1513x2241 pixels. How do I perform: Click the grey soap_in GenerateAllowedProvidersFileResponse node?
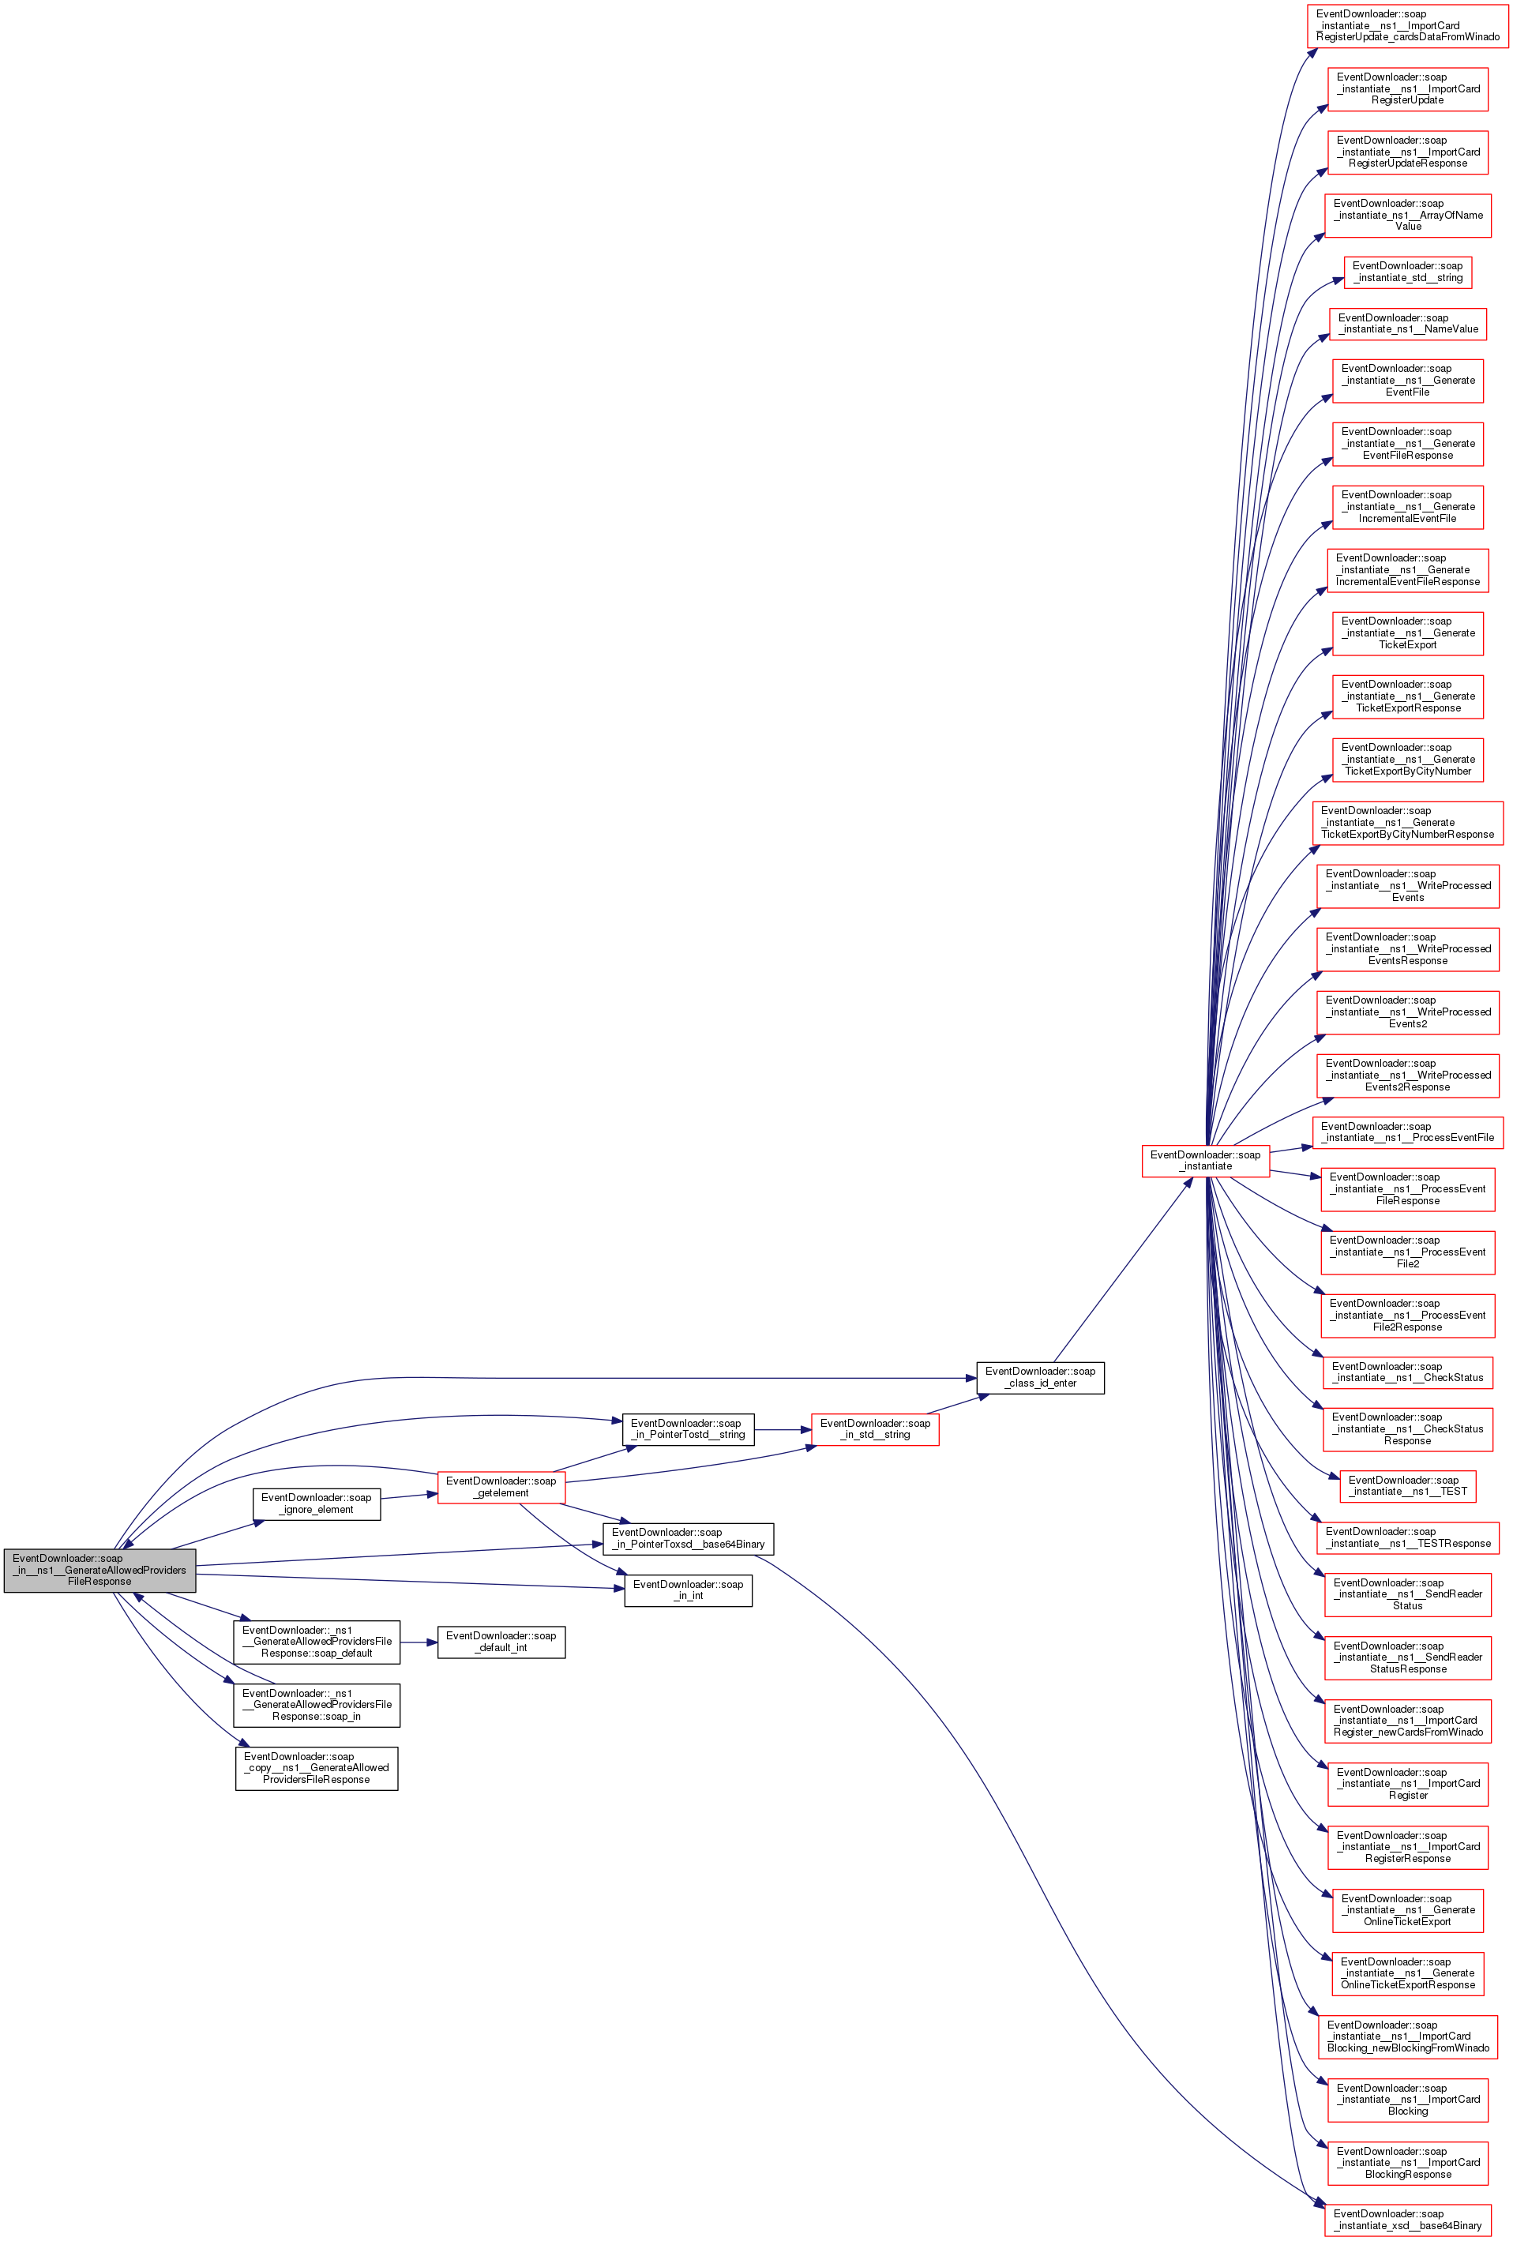click(99, 1569)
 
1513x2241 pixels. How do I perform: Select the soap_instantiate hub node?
click(1204, 1160)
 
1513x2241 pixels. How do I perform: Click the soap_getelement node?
click(501, 1486)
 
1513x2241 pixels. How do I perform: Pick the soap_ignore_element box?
click(317, 1503)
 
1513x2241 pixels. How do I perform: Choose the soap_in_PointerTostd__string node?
click(688, 1428)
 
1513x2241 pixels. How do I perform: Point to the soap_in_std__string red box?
click(875, 1428)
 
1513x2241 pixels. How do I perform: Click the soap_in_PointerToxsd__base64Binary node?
click(688, 1537)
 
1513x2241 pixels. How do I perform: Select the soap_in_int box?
click(688, 1589)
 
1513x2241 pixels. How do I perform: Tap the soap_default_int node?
click(501, 1641)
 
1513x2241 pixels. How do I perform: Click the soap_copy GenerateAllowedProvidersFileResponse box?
click(317, 1767)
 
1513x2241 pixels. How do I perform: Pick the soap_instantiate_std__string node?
click(1407, 271)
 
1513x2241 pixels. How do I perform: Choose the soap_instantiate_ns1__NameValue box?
click(1407, 323)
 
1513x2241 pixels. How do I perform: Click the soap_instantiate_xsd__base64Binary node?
click(1407, 2219)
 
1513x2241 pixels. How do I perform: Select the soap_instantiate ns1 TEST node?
click(1407, 1485)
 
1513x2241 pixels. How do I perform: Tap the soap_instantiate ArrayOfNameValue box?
click(1407, 215)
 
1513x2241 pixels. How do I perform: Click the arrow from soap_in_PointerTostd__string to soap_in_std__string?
click(783, 1429)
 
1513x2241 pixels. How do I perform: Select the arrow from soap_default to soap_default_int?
click(419, 1641)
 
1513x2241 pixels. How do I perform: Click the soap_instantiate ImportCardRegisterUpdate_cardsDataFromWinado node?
click(1407, 25)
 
